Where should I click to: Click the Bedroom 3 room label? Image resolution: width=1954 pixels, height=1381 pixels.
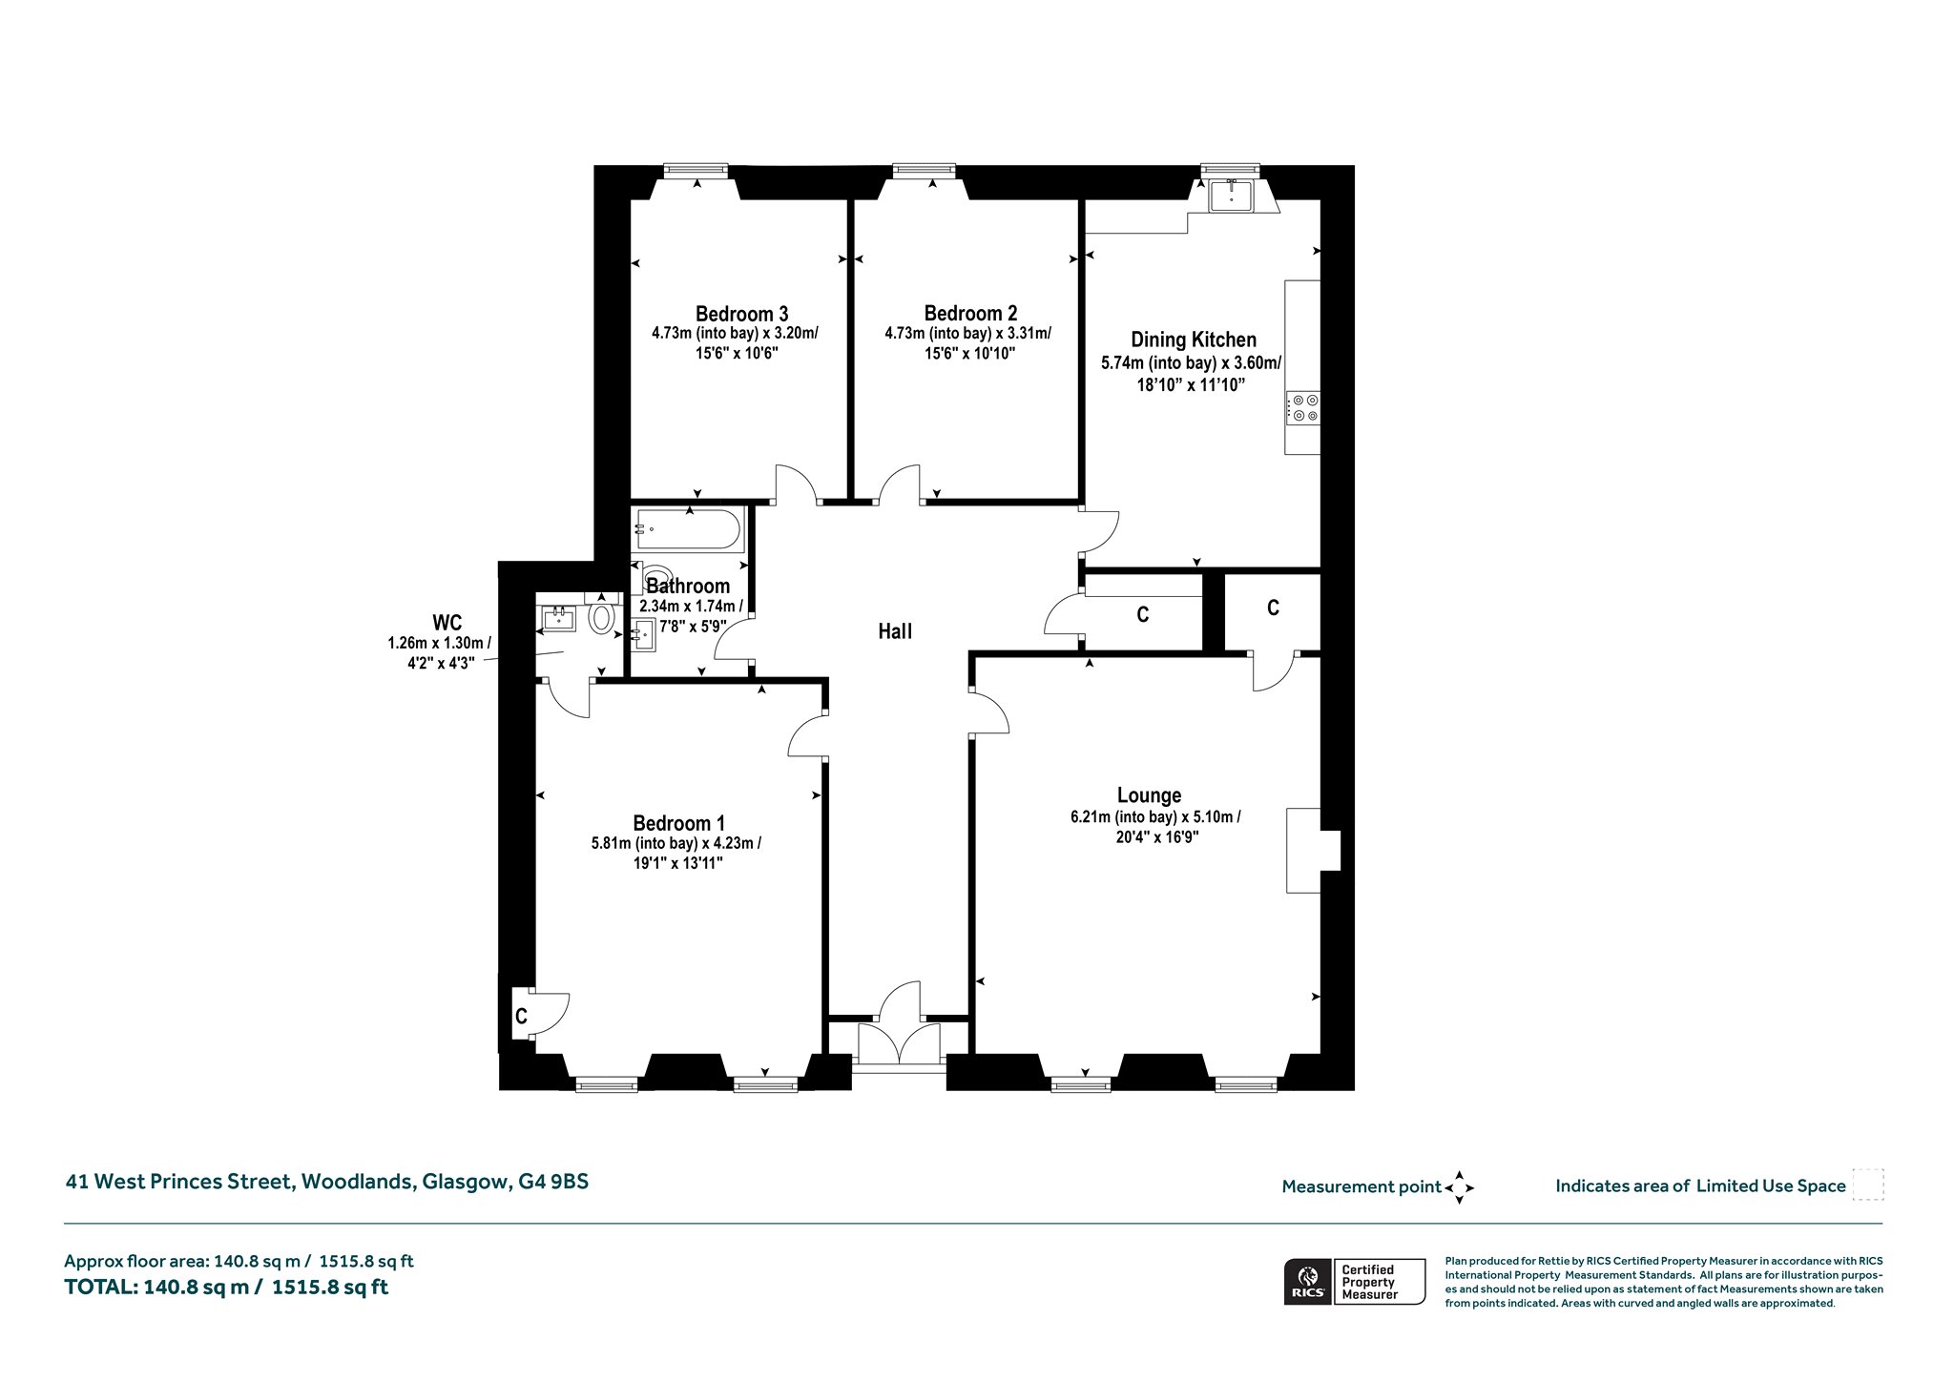(x=741, y=314)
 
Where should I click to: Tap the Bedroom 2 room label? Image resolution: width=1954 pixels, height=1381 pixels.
(x=970, y=314)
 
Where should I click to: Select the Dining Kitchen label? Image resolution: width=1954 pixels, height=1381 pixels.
(x=1194, y=340)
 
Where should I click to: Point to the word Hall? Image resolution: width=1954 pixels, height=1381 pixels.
(x=895, y=630)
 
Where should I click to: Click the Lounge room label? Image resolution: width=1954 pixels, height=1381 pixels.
(x=1149, y=795)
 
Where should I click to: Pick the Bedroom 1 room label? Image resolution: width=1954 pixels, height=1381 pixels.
(x=678, y=823)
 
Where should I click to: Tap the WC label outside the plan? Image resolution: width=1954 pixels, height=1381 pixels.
(x=447, y=624)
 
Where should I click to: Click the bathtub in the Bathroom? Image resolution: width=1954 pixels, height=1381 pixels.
(x=687, y=529)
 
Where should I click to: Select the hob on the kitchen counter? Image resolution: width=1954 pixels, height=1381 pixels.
(x=1303, y=408)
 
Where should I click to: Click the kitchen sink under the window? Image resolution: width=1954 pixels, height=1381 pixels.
(x=1232, y=196)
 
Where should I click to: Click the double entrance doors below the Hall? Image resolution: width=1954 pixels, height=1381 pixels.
(x=899, y=1043)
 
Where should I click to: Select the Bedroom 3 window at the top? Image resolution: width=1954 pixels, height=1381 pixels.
(x=696, y=171)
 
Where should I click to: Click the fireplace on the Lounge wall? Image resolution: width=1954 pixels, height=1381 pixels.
(x=1313, y=851)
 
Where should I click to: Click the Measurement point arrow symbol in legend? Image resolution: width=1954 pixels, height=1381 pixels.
(x=1459, y=1187)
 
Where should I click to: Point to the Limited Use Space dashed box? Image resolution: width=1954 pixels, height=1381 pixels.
(x=1867, y=1185)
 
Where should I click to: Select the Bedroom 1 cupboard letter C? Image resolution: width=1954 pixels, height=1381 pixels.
(x=521, y=1017)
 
